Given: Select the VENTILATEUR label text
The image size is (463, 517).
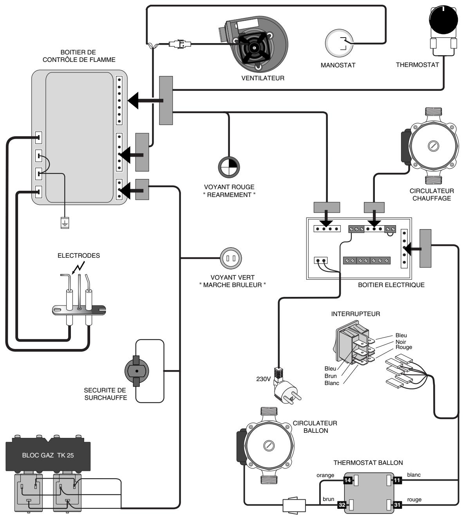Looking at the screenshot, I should point(263,78).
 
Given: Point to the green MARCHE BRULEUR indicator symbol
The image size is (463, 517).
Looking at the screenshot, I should point(231,258).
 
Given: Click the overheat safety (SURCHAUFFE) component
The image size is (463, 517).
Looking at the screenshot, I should point(136,371).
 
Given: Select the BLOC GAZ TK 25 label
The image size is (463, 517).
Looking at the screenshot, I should point(48,456).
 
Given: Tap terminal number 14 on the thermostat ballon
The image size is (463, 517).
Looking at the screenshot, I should point(347,480).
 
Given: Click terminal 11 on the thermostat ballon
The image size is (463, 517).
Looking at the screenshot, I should point(397,480).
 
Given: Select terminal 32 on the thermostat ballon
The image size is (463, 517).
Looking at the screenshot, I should point(342,505).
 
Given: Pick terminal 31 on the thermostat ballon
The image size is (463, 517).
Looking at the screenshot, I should point(397,505).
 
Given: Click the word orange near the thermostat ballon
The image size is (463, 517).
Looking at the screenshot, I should point(326,475).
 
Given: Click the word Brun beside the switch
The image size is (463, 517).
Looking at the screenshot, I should point(331,376).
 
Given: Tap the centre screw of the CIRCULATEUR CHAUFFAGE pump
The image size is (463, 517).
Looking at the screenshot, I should point(434,146).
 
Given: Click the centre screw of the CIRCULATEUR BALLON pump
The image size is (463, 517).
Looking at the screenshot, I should point(268,446).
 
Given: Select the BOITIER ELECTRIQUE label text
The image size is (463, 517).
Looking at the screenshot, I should point(391,285).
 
